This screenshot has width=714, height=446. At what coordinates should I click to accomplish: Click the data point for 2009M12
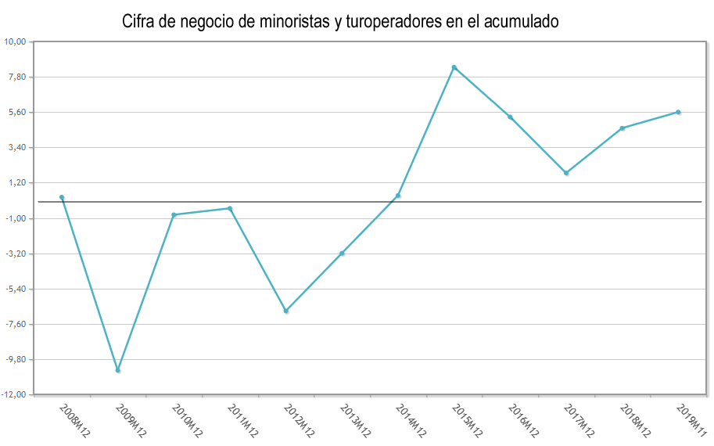[x=118, y=370]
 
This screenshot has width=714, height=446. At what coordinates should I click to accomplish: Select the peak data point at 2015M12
[x=454, y=67]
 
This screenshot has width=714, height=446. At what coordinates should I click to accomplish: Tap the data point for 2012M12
[x=286, y=311]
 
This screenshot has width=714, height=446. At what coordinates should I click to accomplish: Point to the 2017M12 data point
[x=566, y=173]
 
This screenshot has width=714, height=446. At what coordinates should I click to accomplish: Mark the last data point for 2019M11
[x=678, y=112]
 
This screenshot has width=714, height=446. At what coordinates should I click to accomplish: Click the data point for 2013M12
[x=343, y=254]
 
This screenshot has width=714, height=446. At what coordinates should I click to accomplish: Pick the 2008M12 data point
[x=62, y=197]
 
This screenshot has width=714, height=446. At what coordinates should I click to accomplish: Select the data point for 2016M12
[x=510, y=117]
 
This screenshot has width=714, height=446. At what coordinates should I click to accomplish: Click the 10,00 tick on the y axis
[x=16, y=41]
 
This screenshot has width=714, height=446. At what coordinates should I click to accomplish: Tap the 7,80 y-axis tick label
[x=17, y=77]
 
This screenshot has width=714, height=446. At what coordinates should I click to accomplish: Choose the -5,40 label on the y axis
[x=16, y=289]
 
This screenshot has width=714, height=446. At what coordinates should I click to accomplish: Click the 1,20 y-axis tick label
[x=17, y=183]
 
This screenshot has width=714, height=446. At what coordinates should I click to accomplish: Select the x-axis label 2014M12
[x=411, y=420]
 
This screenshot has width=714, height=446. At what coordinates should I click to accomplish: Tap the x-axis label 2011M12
[x=242, y=420]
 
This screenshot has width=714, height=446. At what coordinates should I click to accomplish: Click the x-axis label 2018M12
[x=635, y=420]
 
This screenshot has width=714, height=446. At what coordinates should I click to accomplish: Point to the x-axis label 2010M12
[x=187, y=420]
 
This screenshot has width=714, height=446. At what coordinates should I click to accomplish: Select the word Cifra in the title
[x=139, y=22]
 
